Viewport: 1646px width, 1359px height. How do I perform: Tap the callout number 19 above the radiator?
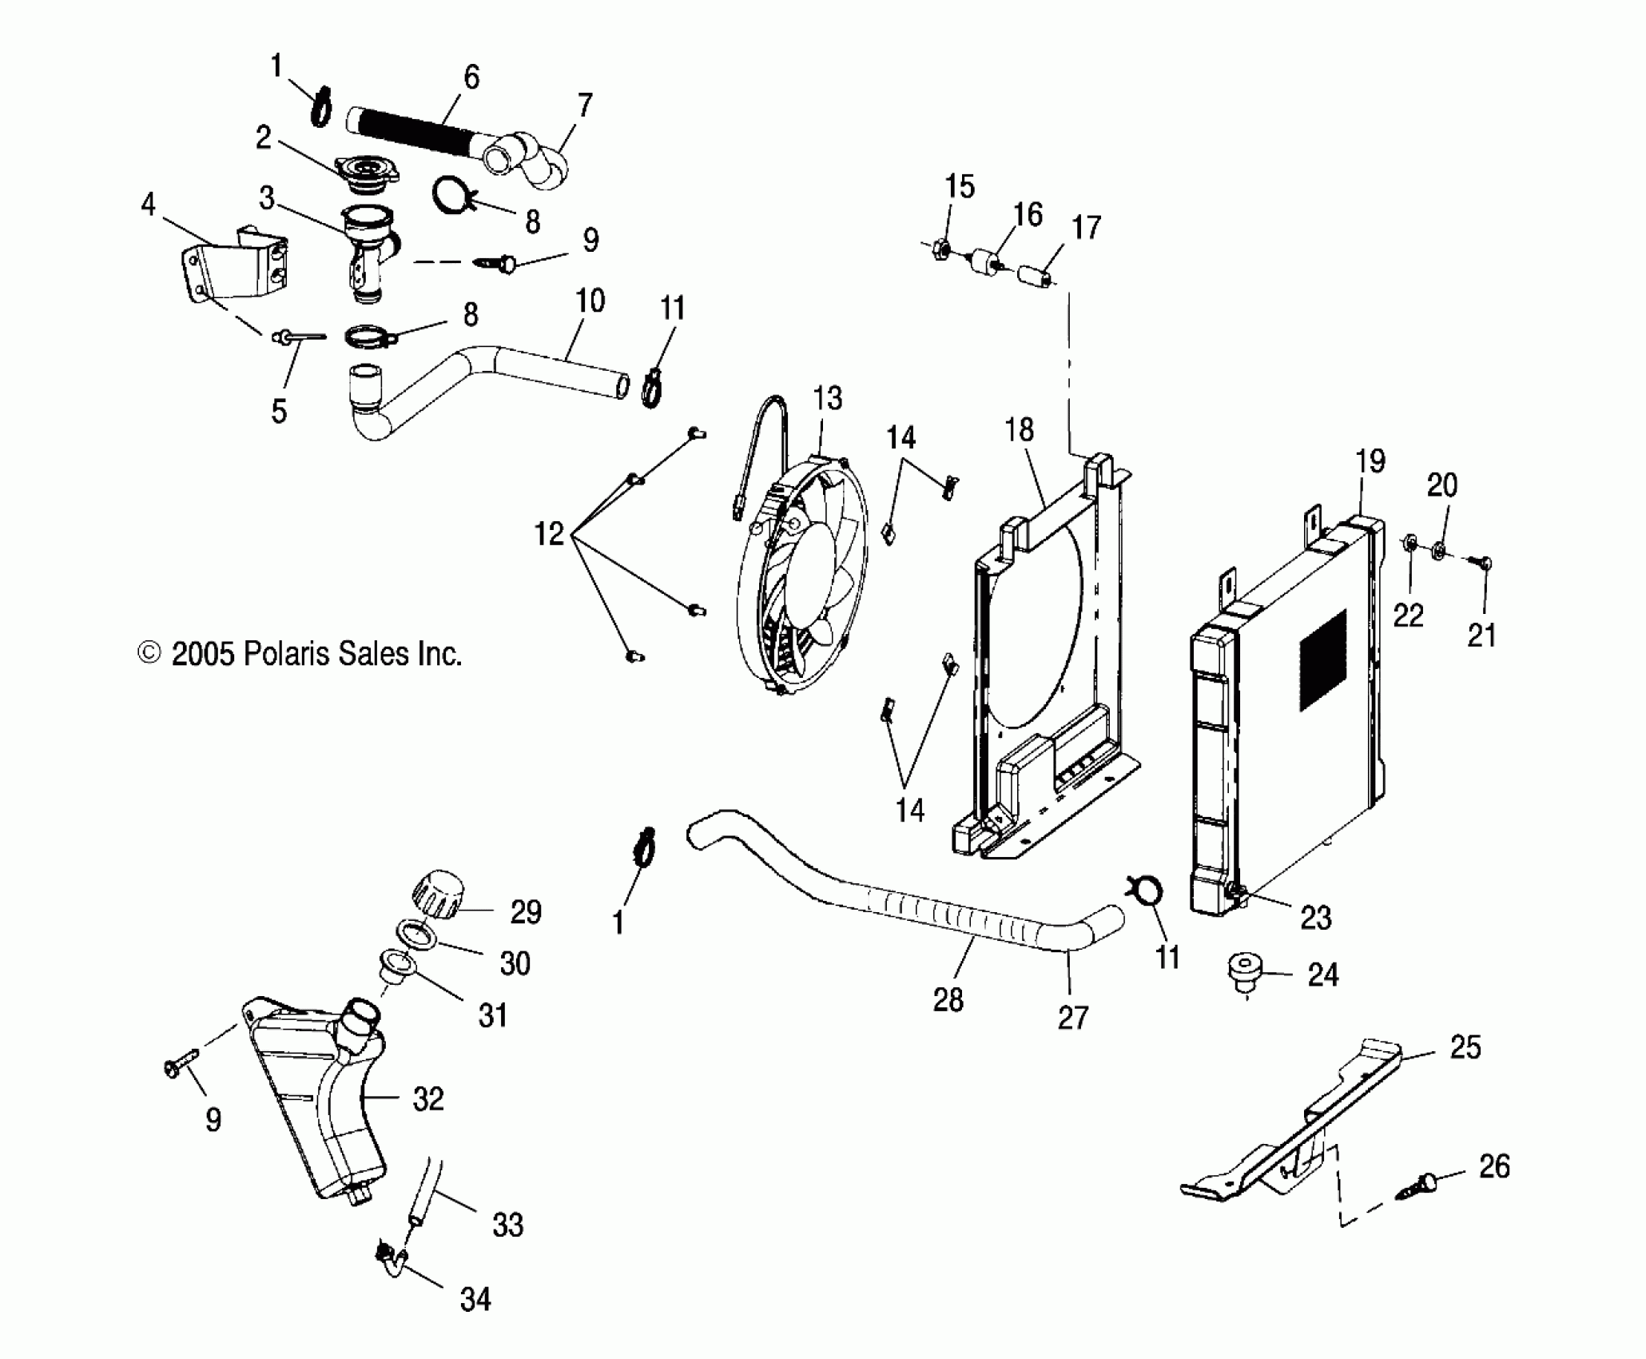pos(1370,461)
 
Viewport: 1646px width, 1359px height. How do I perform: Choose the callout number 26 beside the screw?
pos(1493,1167)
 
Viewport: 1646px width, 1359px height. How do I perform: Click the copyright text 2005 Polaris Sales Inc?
pos(300,654)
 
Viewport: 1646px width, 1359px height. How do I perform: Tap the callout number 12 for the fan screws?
pos(549,533)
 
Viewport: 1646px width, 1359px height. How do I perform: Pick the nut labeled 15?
pos(940,248)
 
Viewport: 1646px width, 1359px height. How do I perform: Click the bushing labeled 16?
pos(988,264)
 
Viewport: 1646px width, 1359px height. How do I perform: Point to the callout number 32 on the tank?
pos(428,1099)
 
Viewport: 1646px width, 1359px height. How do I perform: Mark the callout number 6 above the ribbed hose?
pos(471,78)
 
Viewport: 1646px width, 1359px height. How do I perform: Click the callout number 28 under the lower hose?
pos(948,999)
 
